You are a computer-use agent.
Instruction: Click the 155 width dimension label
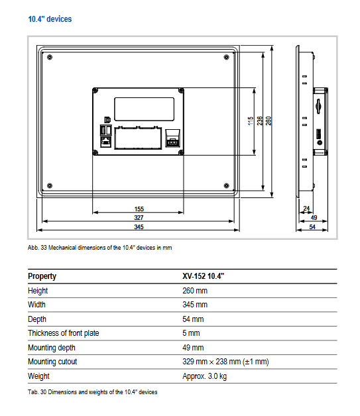pos(139,209)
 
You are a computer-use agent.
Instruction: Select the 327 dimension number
pos(139,218)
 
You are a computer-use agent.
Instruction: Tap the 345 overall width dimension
pos(139,227)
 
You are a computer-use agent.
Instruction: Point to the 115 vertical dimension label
pos(251,121)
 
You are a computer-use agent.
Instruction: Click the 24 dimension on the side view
pos(306,208)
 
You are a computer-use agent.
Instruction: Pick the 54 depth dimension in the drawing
pos(312,227)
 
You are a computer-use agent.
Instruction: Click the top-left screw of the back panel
pos(95,91)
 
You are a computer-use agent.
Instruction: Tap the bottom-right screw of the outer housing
pos(227,185)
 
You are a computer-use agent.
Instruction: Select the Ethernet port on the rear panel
pos(106,142)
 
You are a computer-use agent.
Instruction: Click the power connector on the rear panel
pos(172,138)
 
